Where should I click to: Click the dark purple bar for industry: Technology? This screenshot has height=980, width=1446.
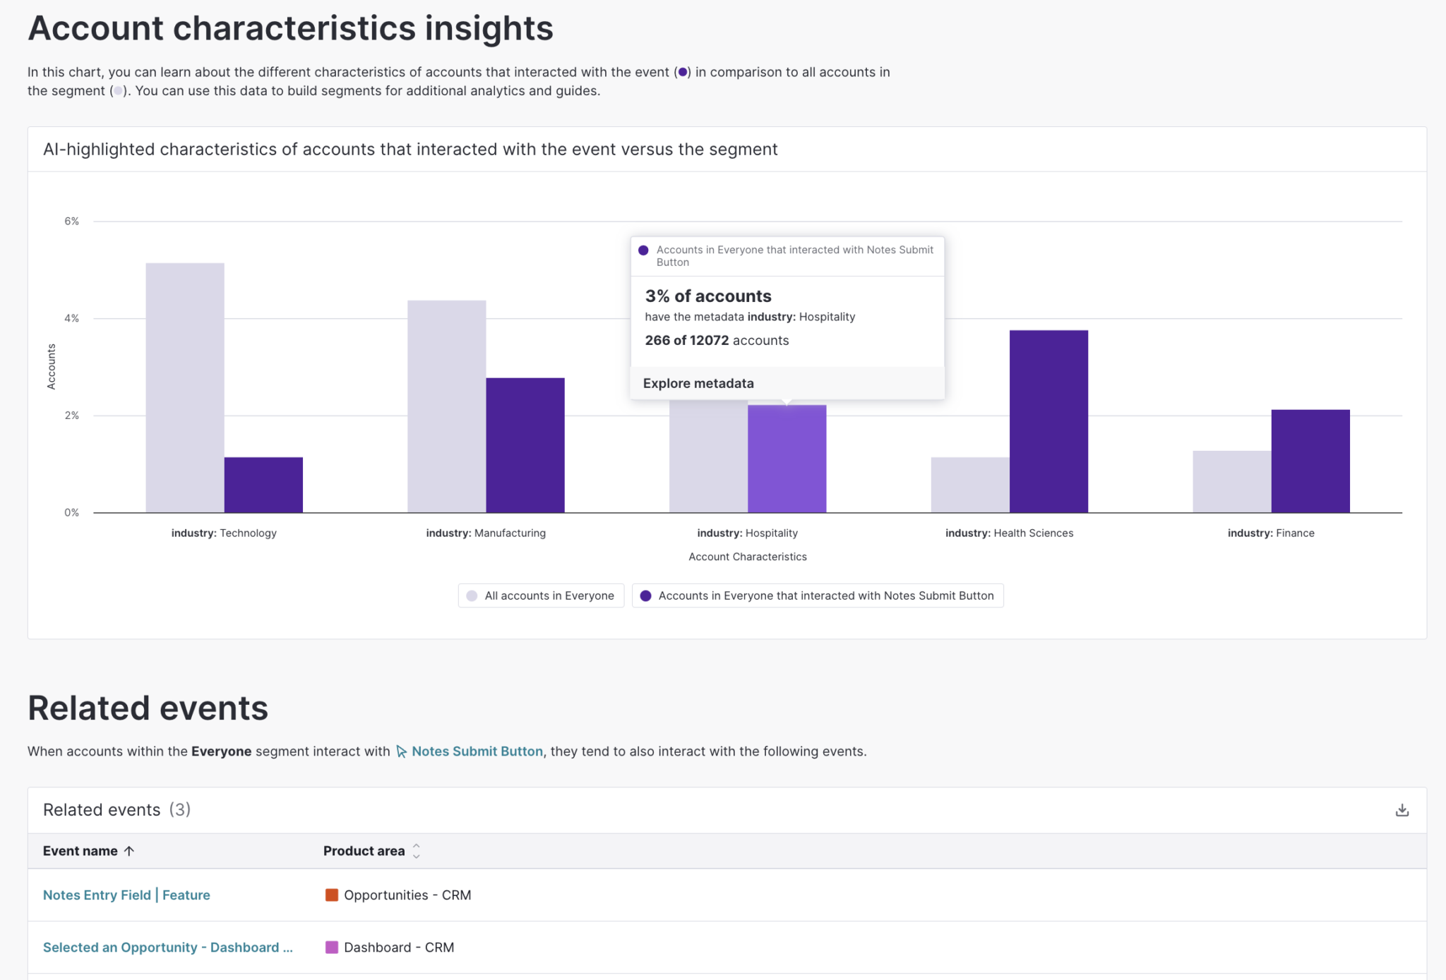click(263, 485)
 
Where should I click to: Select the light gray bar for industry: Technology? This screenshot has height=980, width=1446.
click(185, 387)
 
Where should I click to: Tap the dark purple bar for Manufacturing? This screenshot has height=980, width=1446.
click(525, 445)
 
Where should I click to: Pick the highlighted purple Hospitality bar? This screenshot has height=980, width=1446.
click(787, 459)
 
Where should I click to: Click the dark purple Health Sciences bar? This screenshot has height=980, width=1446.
click(1048, 421)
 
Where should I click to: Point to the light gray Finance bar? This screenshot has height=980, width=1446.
click(1231, 482)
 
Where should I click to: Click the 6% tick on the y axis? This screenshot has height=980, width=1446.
click(71, 222)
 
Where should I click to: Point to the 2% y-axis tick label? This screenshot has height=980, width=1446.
click(71, 416)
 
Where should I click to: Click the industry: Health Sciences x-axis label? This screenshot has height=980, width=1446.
click(1009, 533)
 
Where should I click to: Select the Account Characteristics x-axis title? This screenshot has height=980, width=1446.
click(747, 557)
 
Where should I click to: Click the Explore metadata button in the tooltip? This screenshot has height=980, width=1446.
click(698, 383)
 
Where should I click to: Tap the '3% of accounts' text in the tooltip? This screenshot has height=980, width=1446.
click(708, 296)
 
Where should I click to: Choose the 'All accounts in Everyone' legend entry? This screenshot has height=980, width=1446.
click(541, 595)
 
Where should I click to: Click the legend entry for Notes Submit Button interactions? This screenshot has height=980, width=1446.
click(818, 595)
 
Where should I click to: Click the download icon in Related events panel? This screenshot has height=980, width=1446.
click(1402, 810)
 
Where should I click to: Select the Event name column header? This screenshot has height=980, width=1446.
click(80, 851)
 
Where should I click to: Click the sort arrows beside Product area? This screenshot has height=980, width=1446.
click(417, 851)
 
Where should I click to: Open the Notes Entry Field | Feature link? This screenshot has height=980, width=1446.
click(126, 895)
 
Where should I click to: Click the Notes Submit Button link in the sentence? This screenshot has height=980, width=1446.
click(477, 751)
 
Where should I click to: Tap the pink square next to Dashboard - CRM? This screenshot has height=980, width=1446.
click(331, 948)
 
